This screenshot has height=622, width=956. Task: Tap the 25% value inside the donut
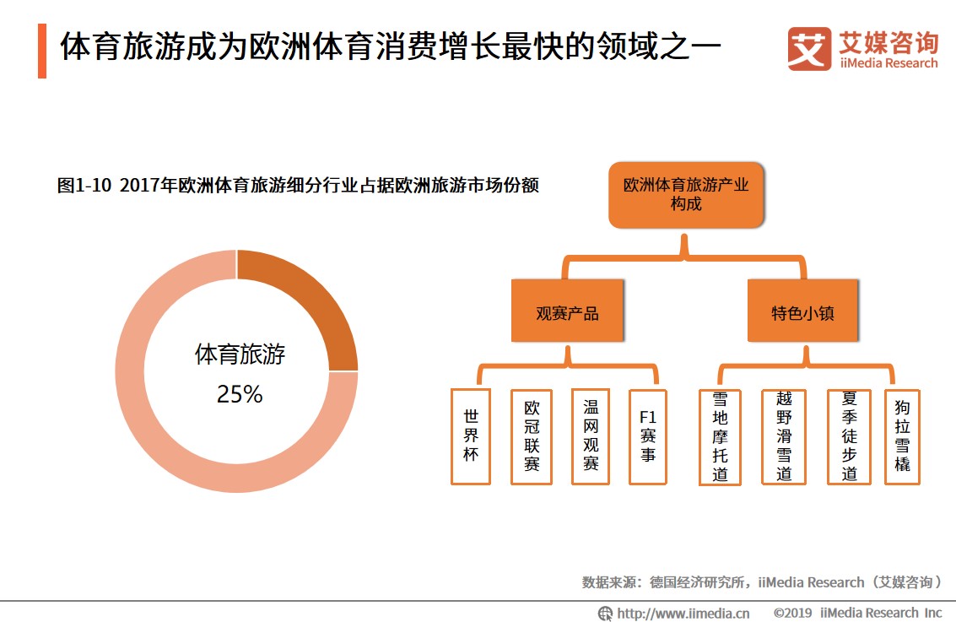[240, 394]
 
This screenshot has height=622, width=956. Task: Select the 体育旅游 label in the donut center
[240, 354]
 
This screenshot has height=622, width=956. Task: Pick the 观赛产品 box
[567, 313]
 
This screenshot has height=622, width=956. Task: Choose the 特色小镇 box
[802, 313]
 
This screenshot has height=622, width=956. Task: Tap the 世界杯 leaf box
[471, 436]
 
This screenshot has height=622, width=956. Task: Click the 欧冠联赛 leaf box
[532, 436]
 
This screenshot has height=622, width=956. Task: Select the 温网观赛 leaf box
[591, 436]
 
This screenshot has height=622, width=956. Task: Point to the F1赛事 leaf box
[647, 436]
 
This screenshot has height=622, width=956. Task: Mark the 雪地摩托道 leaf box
[720, 436]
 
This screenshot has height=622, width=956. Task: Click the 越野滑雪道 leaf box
[784, 436]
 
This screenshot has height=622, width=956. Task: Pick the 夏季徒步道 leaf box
[849, 436]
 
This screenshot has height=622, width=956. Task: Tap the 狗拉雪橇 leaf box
[902, 436]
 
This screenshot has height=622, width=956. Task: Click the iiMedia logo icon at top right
[809, 49]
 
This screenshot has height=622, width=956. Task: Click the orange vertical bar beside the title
[42, 51]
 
